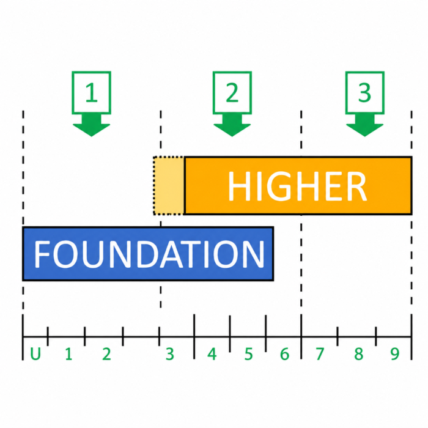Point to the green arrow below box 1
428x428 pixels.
[x=92, y=125]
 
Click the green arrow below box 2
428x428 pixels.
[x=232, y=125]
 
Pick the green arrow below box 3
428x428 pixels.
[x=365, y=125]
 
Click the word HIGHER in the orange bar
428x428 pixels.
[x=298, y=186]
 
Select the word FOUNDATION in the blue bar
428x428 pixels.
[x=149, y=254]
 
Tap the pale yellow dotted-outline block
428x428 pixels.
[x=169, y=186]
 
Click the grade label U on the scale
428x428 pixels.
[x=35, y=354]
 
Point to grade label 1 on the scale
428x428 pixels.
[x=68, y=354]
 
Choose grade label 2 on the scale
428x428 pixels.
[x=107, y=354]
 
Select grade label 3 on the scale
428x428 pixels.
[x=170, y=354]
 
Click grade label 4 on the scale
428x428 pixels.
[x=212, y=354]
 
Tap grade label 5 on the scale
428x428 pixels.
[x=248, y=354]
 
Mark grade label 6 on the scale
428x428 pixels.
[x=285, y=354]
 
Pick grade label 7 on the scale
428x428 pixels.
[x=320, y=354]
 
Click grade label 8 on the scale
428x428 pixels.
[x=359, y=354]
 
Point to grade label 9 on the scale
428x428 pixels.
[x=395, y=354]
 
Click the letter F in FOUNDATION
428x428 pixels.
[x=42, y=254]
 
